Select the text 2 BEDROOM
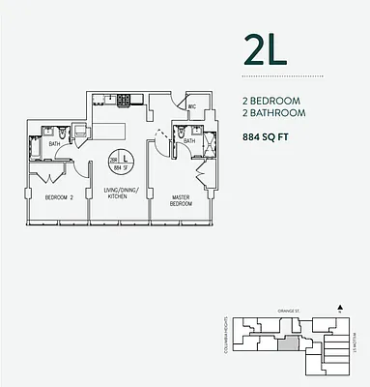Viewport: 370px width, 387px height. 272,99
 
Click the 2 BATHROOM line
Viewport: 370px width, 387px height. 274,112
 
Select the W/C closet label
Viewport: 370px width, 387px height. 192,107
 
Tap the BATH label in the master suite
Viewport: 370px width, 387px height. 189,141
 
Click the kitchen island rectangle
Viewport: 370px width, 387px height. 114,127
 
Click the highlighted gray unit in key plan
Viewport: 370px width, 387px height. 288,342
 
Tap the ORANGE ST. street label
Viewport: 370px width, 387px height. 289,312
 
